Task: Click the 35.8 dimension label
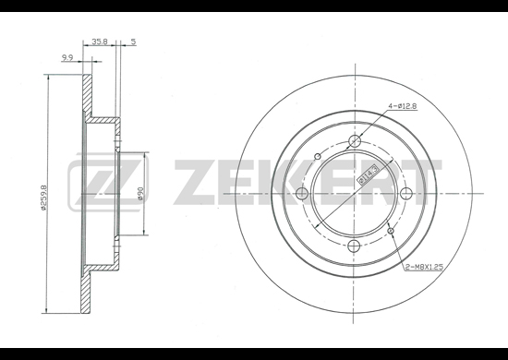tap(100, 42)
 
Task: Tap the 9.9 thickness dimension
tap(67, 57)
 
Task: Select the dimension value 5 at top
tap(134, 42)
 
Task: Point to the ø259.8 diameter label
tap(44, 198)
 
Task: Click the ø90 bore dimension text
tap(140, 193)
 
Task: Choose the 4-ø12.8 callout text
tap(403, 106)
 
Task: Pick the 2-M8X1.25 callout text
tap(424, 267)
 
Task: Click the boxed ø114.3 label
tap(365, 174)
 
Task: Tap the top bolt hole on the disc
tap(355, 141)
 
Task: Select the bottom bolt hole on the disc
tap(354, 246)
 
